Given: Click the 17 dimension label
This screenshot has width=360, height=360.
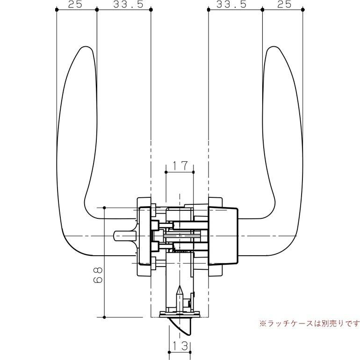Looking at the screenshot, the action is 180,166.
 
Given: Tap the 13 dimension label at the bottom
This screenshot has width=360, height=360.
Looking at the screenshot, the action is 180,346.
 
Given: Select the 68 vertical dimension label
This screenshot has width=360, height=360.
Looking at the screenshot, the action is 98,275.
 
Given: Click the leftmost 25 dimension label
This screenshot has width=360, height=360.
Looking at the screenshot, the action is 75,4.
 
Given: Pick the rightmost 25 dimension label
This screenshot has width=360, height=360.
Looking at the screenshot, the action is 284,4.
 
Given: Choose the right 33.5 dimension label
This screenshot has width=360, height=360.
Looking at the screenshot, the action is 231,4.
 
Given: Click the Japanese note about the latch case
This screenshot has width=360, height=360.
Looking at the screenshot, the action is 310,324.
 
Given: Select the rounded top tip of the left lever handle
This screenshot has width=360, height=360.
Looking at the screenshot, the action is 86,47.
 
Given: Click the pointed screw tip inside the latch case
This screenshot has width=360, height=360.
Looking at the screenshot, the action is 180,287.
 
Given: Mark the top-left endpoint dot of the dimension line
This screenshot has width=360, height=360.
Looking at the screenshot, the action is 57,9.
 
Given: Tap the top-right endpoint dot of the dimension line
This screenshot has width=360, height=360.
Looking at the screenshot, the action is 302,9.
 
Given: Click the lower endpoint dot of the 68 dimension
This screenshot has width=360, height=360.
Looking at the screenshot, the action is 104,317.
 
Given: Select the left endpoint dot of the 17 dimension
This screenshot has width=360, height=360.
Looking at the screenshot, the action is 166,172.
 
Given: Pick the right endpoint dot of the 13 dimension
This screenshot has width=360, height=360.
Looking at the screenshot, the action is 190,352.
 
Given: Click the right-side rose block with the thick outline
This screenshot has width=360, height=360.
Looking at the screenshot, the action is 223,236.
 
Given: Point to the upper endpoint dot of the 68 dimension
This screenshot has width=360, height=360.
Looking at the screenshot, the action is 104,208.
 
